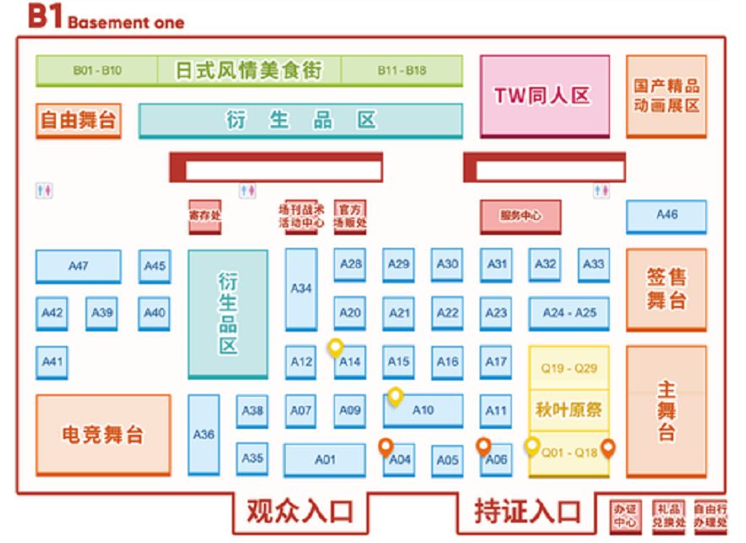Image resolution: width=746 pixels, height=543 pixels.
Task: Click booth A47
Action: coord(78,266)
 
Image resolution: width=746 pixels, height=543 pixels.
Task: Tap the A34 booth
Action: coord(301,288)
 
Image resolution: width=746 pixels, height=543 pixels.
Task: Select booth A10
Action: coord(423,411)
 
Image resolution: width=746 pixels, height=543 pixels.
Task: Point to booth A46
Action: coord(666,216)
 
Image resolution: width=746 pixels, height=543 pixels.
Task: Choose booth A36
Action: coord(203,434)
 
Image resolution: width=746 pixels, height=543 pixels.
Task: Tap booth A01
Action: coord(325,460)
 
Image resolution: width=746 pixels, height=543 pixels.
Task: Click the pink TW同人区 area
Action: coord(545,96)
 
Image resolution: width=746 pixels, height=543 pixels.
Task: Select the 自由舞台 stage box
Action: coord(77,120)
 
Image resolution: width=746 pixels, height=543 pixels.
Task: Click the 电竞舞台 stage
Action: coord(102,435)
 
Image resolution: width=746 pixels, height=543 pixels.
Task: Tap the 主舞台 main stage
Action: coord(666,411)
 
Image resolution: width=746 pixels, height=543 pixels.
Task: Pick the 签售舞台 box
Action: coord(666,289)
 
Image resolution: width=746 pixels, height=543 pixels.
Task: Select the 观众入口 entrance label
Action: coord(299,511)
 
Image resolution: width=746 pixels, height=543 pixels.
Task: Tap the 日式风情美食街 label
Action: coord(249,70)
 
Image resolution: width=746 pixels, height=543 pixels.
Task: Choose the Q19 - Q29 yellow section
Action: coord(569,368)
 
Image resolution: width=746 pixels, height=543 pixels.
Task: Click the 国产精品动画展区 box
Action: coord(666,96)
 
